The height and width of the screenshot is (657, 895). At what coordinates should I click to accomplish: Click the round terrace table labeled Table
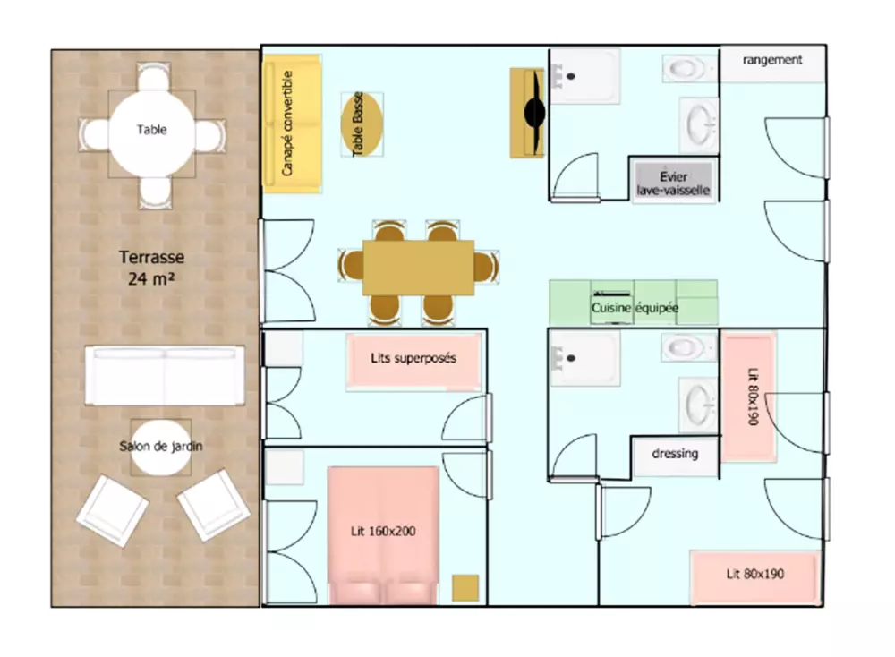pos(152,134)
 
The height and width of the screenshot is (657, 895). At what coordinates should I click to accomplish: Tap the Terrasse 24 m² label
pos(151,268)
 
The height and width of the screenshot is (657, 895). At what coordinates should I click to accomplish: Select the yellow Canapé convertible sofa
pos(291,124)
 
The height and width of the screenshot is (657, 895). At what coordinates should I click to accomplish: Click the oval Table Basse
pos(362,124)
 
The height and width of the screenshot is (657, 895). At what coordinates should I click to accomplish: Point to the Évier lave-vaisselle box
pos(674,183)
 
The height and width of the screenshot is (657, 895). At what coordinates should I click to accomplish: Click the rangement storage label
pos(772,59)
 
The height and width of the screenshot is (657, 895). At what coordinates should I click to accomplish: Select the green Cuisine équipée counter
pos(634,303)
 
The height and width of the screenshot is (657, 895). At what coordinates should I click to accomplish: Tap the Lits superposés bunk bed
pos(413,362)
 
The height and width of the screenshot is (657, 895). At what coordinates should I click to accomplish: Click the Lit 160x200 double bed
pos(383,535)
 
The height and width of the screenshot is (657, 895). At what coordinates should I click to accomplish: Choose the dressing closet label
pos(675,453)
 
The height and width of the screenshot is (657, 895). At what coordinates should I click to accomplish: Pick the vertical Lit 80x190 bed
pos(749,397)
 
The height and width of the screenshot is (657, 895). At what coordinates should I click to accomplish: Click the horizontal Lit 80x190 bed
pos(755,576)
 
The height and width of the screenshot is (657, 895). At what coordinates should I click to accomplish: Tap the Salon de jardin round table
pos(161,448)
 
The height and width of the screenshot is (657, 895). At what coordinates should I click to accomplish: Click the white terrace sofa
pos(165,376)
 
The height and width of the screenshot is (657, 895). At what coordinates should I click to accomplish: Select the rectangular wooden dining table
pos(418,268)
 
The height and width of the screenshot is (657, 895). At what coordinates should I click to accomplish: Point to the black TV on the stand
pos(535,113)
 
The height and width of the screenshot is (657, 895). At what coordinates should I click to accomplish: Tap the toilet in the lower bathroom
pos(687,347)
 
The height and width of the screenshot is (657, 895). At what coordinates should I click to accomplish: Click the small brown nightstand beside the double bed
pos(465,588)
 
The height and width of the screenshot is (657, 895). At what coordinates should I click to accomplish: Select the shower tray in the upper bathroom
pos(585,76)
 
